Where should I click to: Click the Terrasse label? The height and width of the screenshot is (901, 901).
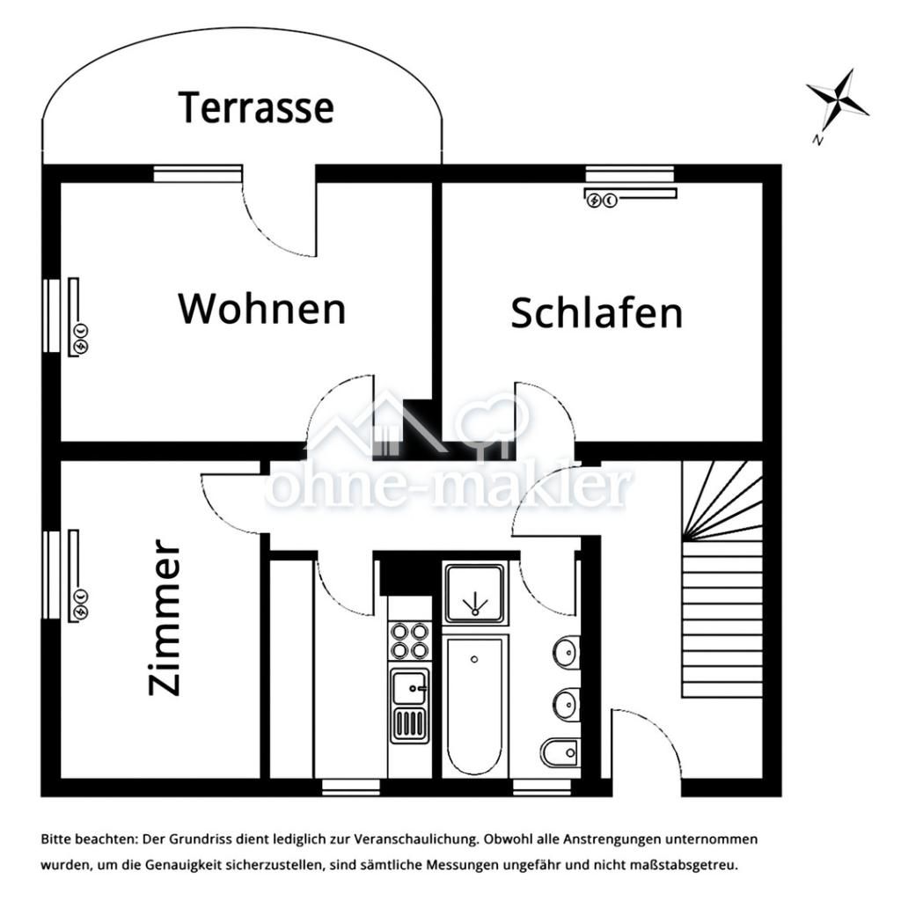[256, 107]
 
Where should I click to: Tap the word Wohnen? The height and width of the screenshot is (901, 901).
[262, 309]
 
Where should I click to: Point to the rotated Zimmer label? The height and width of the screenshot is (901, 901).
[165, 618]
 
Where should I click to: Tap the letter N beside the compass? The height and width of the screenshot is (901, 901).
[817, 139]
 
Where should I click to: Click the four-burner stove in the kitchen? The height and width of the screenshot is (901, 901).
[410, 641]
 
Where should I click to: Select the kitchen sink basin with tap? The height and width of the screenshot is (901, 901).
[410, 687]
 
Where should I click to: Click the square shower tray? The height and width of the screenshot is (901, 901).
[475, 594]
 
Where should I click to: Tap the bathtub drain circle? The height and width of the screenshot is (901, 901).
[474, 660]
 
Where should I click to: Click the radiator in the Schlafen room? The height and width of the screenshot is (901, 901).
[630, 197]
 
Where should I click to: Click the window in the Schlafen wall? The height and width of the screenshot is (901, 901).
[630, 173]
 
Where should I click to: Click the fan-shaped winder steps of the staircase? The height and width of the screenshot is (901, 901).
[722, 501]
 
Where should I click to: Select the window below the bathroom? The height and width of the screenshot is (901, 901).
[542, 787]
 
